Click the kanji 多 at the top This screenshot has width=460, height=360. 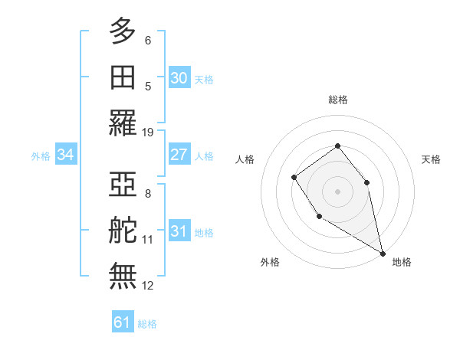123,31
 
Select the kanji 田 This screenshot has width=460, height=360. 123,77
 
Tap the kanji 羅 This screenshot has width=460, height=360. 123,123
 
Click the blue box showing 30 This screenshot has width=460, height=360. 179,77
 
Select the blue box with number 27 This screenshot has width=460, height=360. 179,155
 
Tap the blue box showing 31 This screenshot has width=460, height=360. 179,231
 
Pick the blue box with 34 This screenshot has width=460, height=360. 66,155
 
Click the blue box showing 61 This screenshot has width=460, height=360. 123,322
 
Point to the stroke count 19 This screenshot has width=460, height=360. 148,133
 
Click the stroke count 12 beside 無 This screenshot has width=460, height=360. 148,286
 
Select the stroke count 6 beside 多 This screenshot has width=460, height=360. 148,41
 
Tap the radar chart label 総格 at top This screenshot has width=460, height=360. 338,100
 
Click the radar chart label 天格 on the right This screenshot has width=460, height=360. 431,159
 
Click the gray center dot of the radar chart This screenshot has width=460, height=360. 337,191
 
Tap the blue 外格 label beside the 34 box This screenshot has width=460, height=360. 41,155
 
